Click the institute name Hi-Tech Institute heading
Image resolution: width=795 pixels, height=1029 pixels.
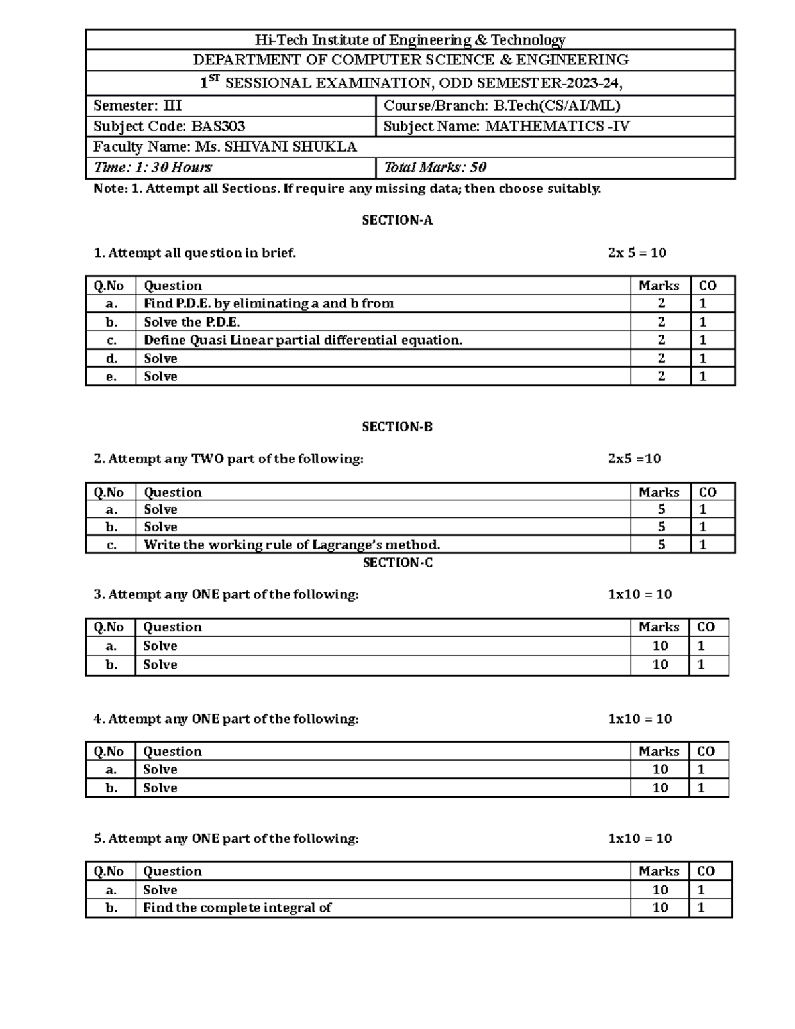point(410,40)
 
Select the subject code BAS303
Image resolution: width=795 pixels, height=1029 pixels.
point(218,126)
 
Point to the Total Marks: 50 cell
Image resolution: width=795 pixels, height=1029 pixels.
point(435,168)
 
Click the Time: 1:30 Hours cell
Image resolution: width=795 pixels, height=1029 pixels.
point(153,168)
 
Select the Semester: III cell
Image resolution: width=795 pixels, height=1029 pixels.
point(137,105)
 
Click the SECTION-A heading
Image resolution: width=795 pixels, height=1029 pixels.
point(397,221)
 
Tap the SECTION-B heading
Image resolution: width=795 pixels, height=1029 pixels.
point(397,427)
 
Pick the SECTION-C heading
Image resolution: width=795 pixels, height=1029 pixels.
point(397,563)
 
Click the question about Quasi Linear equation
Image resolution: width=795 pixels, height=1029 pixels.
point(303,340)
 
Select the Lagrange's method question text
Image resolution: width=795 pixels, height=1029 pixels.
point(291,545)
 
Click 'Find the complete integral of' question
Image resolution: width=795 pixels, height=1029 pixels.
point(237,908)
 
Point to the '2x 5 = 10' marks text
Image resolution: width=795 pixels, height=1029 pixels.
point(637,253)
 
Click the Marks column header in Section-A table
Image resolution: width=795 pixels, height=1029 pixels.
point(659,286)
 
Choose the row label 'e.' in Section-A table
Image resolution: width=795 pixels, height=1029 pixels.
point(111,376)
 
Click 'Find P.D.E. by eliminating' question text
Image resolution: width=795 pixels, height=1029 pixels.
point(268,303)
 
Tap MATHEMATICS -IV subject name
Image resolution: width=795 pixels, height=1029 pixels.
point(557,126)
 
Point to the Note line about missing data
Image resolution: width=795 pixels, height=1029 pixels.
point(347,189)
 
